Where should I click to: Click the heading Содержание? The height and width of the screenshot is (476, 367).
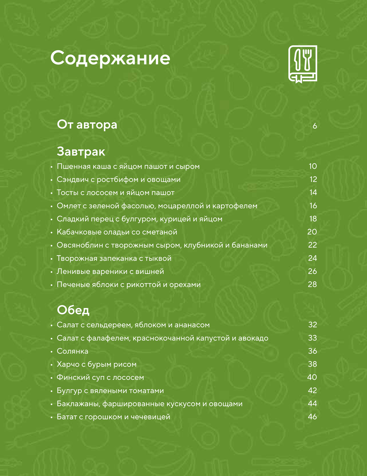(110, 58)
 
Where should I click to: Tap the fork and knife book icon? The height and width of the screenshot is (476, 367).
(303, 64)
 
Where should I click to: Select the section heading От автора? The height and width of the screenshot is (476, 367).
(87, 125)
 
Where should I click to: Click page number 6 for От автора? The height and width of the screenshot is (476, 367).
(315, 126)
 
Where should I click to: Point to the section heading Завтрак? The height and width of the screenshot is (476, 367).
(81, 151)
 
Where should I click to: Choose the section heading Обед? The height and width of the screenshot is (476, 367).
(73, 310)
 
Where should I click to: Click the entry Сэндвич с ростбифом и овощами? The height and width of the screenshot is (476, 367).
(119, 180)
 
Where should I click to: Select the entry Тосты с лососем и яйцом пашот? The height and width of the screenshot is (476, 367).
(116, 193)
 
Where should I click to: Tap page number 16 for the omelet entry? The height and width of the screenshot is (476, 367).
(313, 206)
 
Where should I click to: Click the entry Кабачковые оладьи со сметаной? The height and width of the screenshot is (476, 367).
(117, 232)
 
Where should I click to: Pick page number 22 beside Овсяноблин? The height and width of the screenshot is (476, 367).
(312, 245)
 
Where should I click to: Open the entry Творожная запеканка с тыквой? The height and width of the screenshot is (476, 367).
(114, 259)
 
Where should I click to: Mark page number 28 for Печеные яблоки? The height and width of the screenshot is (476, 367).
(312, 285)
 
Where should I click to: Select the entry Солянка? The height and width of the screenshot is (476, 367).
(72, 351)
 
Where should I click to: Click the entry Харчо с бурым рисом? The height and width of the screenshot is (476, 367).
(97, 364)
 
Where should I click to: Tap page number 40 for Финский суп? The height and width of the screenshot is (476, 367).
(312, 378)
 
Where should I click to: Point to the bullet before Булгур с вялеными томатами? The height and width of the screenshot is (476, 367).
(52, 391)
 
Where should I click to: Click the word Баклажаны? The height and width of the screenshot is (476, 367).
(79, 404)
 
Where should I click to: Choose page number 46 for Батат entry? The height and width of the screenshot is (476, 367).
(312, 417)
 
